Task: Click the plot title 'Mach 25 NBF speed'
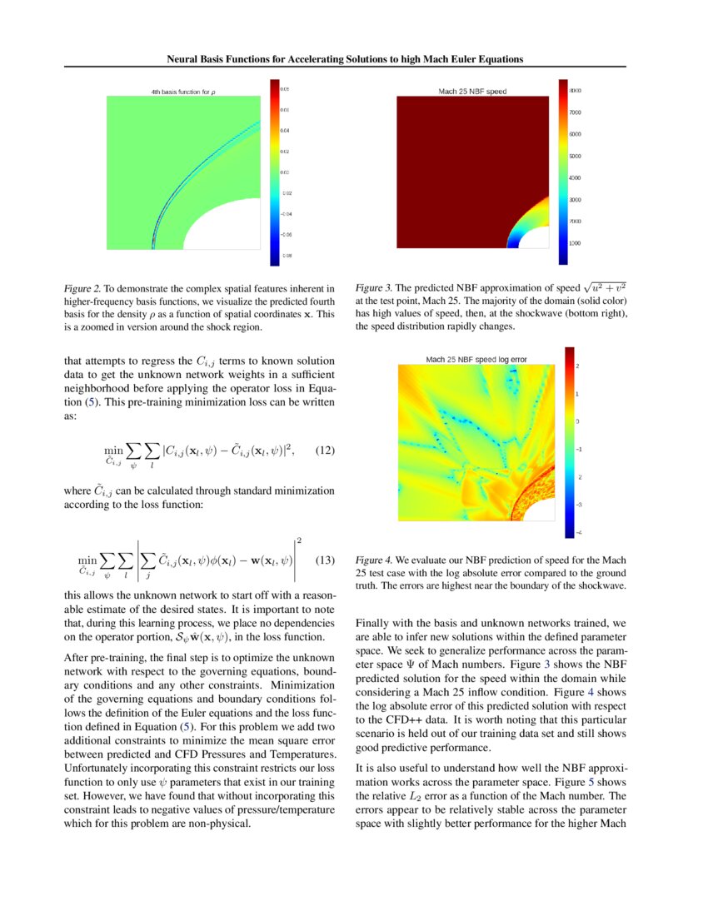(472, 91)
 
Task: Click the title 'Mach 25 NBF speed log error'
(476, 360)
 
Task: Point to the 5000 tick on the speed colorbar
(576, 156)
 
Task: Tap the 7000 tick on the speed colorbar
(576, 112)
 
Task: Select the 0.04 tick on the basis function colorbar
(285, 130)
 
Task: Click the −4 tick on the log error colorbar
(579, 532)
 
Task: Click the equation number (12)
(325, 451)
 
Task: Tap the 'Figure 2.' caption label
(82, 289)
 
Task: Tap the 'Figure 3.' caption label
(374, 289)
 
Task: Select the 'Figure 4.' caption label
(374, 560)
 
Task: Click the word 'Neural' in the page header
(184, 60)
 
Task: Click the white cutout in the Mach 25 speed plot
(535, 238)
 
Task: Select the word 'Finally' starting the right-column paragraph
(374, 623)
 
